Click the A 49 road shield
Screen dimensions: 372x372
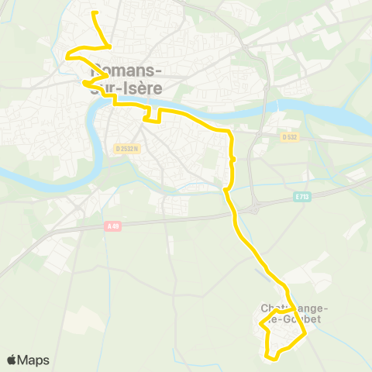(113, 226)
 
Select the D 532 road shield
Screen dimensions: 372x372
(290, 136)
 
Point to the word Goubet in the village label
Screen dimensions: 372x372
(301, 319)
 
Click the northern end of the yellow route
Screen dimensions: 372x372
(94, 13)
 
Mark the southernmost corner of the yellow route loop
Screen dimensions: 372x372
(269, 357)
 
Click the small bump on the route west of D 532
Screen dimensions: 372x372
(232, 159)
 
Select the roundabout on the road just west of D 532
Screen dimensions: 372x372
(250, 136)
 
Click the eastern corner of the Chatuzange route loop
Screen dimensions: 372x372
(305, 333)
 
